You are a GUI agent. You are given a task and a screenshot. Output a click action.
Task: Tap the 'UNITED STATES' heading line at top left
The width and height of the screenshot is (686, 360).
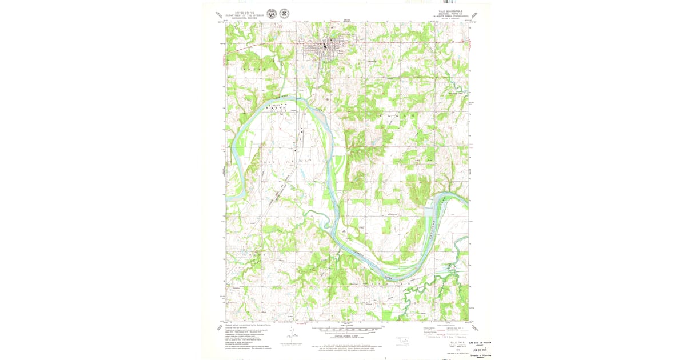[x=240, y=11]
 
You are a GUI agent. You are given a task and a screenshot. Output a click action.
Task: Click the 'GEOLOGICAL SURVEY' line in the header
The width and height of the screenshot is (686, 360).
[x=240, y=18]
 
